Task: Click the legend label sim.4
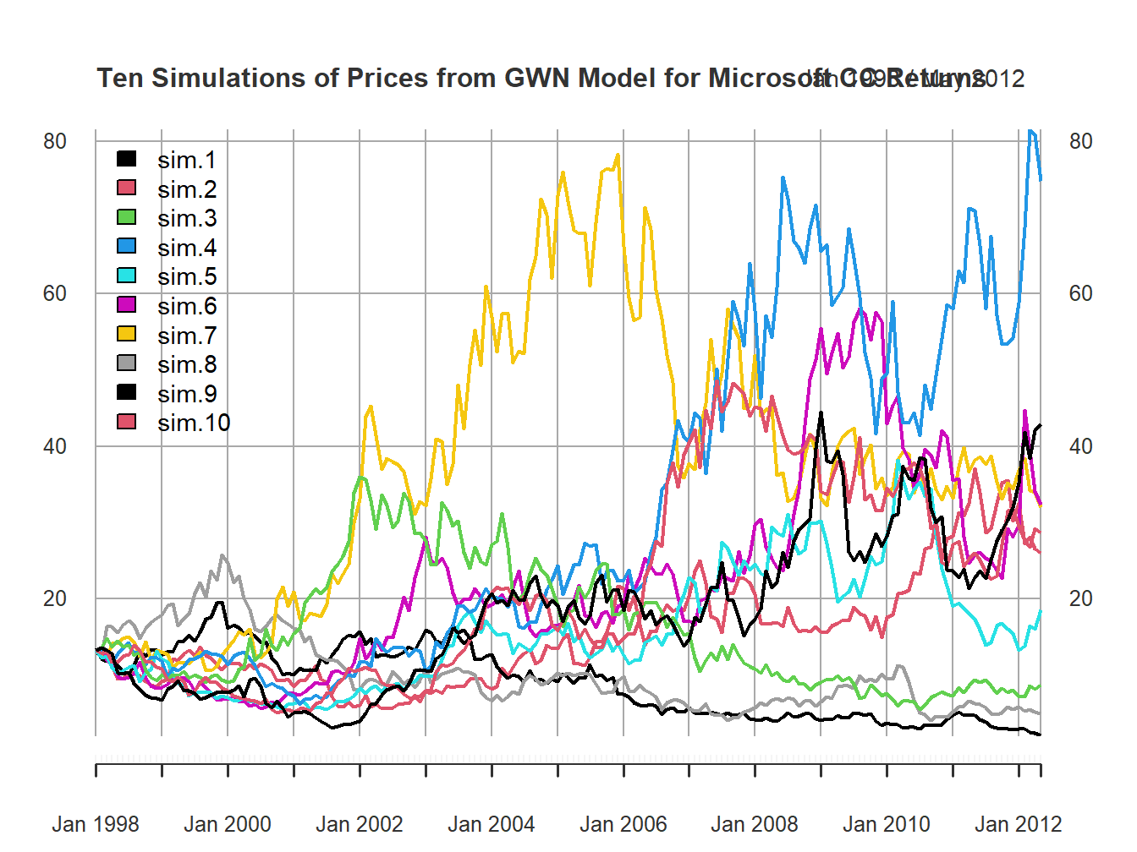186,248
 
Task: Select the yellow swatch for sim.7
126,335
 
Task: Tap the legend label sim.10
193,423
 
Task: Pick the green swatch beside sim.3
126,217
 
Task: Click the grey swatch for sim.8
126,363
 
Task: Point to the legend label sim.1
186,160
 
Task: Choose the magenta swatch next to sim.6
126,305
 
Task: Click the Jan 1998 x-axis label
96,824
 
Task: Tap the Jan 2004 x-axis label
491,824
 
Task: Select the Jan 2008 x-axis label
755,824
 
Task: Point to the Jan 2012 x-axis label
1018,824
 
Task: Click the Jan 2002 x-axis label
360,824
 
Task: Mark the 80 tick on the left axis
55,141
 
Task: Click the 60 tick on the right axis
1081,293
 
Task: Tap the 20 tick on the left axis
55,598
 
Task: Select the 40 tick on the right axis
1081,446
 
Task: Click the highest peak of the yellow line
618,155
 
